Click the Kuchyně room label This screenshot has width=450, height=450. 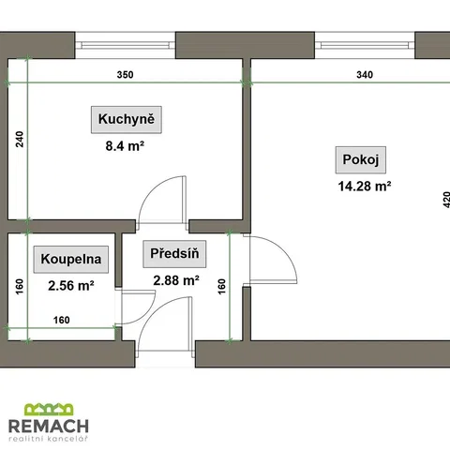tap(127, 119)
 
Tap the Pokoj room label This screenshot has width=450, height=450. tap(361, 159)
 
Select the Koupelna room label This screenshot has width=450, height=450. tap(71, 259)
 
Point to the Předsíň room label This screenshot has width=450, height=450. tap(174, 254)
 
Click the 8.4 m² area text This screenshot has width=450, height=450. tap(125, 146)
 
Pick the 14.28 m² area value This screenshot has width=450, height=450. tap(365, 187)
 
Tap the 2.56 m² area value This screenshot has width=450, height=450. tap(71, 286)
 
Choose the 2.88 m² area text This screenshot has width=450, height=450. tap(176, 280)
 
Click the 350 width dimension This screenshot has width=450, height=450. tap(125, 75)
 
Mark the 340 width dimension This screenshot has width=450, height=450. tap(365, 75)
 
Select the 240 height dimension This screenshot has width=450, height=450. tap(20, 140)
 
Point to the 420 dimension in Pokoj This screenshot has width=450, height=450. tap(446, 200)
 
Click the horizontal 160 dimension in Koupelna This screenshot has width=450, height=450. tap(62, 320)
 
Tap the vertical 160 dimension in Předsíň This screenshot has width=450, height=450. tap(221, 287)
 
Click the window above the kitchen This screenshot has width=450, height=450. tap(126, 45)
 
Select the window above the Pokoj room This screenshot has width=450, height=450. tap(365, 45)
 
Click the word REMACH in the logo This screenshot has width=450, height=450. tap(49, 426)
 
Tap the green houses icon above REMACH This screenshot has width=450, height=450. tap(49, 410)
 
